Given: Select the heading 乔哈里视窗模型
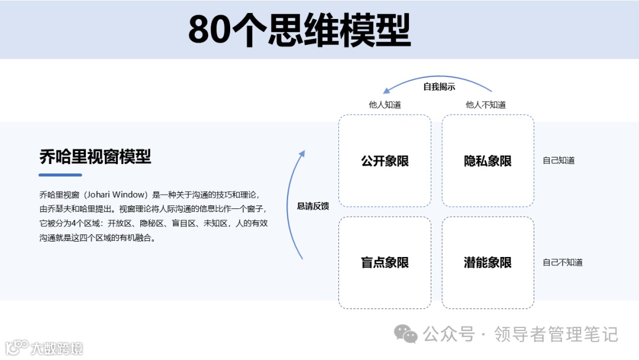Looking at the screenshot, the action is (95, 157).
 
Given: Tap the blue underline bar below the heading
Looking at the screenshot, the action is (60, 175).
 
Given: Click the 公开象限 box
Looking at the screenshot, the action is (385, 160).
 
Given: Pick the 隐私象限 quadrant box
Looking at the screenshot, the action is (488, 160).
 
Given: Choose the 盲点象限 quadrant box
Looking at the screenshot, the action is (385, 262).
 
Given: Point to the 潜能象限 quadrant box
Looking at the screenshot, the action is (488, 262).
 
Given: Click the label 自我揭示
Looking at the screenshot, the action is (439, 87).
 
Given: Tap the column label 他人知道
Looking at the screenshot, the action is (385, 105).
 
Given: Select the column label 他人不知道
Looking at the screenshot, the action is (486, 105).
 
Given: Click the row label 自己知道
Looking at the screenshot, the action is (559, 160).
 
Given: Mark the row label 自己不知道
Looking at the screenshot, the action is (563, 262).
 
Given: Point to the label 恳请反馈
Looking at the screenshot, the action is (313, 206).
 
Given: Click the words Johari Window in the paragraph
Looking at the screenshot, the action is (114, 194).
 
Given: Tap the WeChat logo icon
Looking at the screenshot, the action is (406, 335).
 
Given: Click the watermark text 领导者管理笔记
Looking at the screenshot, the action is (556, 335).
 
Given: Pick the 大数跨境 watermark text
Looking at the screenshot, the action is (57, 348).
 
